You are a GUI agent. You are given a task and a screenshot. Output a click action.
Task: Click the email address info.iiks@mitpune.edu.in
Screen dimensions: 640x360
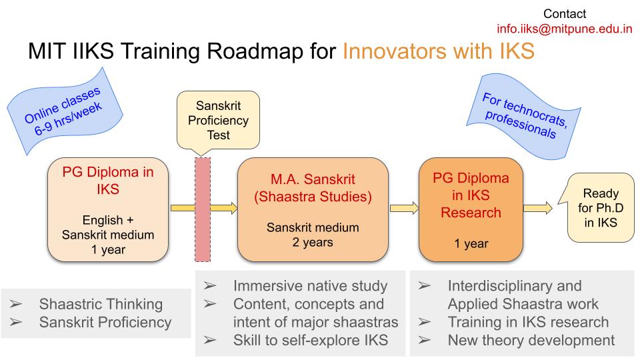click(x=565, y=29)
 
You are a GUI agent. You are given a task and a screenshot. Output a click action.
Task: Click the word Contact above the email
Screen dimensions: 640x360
click(x=565, y=14)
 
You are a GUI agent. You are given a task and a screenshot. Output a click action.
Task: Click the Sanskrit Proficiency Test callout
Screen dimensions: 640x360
click(x=219, y=121)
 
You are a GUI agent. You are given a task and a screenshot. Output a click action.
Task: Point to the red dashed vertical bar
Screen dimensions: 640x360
click(x=203, y=209)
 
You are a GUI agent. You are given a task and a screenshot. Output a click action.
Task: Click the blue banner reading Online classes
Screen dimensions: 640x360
click(x=65, y=111)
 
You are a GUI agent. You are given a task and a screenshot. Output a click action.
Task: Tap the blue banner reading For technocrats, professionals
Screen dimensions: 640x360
click(x=525, y=116)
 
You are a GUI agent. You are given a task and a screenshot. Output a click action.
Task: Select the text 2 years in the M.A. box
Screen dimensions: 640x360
click(x=313, y=243)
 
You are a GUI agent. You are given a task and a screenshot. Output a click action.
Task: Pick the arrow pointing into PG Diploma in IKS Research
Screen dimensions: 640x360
click(x=404, y=208)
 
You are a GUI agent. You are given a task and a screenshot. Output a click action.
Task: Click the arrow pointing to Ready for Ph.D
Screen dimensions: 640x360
click(x=538, y=208)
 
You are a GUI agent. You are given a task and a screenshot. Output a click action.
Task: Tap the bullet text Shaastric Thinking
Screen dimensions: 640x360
click(x=101, y=304)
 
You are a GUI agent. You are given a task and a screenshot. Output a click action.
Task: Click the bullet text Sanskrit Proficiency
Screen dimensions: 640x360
click(x=105, y=323)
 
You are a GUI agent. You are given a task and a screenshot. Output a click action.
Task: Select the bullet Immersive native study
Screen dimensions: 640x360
click(x=310, y=286)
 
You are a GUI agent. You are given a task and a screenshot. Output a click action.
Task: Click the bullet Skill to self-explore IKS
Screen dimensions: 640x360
click(x=311, y=341)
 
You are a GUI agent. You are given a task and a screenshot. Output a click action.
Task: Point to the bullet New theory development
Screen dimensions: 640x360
click(x=531, y=341)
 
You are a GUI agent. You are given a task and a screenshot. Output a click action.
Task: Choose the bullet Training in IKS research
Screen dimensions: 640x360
click(x=528, y=322)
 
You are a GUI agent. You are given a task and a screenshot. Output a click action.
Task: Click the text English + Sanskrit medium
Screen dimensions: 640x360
click(x=108, y=227)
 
